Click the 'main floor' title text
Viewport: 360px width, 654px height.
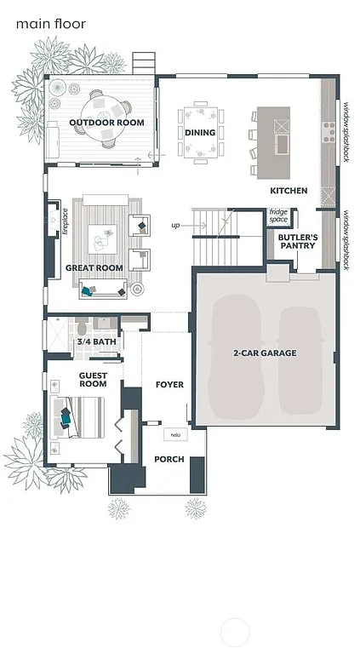coord(50,25)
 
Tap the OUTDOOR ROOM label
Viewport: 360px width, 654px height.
coord(106,123)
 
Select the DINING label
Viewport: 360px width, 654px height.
coord(200,133)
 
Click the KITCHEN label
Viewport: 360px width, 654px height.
coord(289,191)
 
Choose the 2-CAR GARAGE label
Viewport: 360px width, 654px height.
coord(265,353)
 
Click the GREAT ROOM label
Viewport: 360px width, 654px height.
coord(94,268)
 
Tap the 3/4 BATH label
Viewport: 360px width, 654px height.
coord(96,342)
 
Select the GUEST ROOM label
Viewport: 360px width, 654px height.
coord(93,379)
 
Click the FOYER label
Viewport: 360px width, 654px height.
coord(169,385)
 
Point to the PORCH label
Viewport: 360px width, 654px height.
coord(169,459)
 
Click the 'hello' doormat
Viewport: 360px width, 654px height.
coord(175,435)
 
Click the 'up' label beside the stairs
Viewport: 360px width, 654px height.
coord(176,226)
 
